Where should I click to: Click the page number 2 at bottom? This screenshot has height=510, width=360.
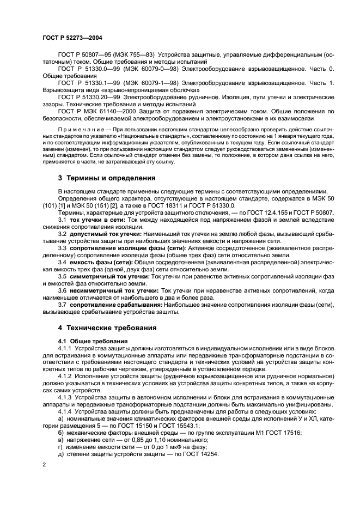pyautogui.click(x=45, y=465)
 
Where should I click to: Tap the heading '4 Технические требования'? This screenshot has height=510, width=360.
pyautogui.click(x=108, y=328)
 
